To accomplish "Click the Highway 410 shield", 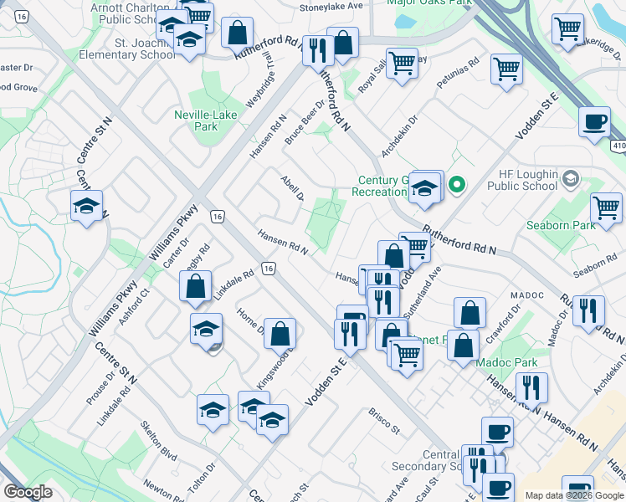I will pos(618,145).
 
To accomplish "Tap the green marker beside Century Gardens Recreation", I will pos(457,184).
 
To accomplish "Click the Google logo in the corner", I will pos(28,493).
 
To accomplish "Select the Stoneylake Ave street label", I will pos(332,6).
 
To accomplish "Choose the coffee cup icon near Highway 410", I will pos(594,122).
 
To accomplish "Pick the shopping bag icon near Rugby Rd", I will pos(195,287).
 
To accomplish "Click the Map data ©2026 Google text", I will pos(573,495).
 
